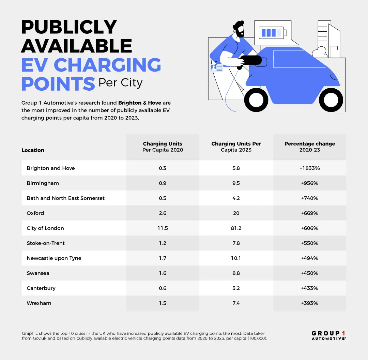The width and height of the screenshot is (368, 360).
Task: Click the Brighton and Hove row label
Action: [x=51, y=168]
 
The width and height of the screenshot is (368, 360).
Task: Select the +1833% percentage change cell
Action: [x=309, y=168]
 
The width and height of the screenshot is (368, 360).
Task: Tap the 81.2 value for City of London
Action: [x=236, y=228]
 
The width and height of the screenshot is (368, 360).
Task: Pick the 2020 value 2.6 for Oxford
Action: [x=163, y=213]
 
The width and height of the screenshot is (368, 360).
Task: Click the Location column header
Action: [x=33, y=150]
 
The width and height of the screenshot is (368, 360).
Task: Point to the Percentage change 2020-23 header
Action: [x=309, y=147]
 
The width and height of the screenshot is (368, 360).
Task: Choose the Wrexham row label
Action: [x=39, y=303]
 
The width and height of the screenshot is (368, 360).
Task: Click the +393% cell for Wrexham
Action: [x=309, y=303]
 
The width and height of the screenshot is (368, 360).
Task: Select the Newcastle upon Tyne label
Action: [x=54, y=258]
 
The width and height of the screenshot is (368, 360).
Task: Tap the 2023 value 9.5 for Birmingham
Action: [x=236, y=183]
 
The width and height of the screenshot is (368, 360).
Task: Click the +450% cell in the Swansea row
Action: [x=309, y=273]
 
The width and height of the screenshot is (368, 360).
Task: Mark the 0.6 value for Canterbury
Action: [x=163, y=288]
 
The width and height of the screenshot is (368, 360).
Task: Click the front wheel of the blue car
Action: [x=256, y=100]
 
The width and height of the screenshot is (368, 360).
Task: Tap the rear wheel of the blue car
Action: [x=331, y=100]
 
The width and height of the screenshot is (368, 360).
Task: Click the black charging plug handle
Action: [x=250, y=60]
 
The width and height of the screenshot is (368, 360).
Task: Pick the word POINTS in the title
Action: [x=58, y=83]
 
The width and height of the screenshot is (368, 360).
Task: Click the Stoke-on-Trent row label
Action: [x=46, y=243]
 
